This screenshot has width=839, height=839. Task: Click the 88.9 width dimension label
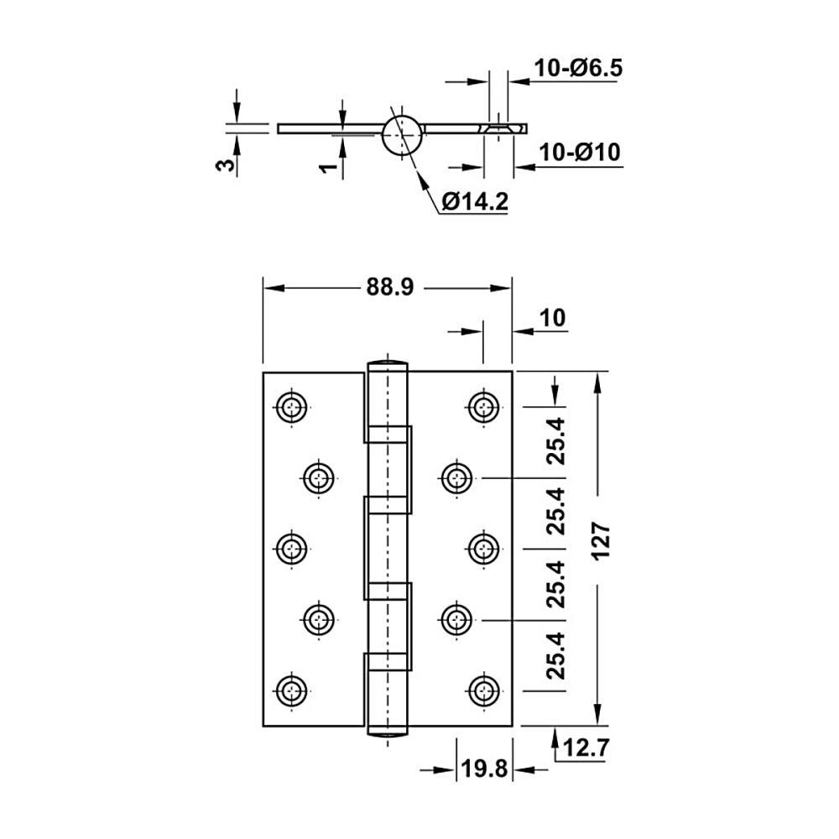pos(390,287)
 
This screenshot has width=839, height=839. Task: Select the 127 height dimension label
pos(602,541)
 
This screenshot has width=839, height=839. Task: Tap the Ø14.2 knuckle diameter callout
pos(475,201)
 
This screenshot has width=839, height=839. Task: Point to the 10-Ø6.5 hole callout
pos(578,68)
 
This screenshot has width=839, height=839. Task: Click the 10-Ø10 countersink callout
pos(580,152)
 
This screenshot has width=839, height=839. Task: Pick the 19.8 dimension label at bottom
pos(484,769)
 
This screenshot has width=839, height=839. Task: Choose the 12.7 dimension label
pos(586,748)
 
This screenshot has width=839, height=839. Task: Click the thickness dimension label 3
pos(226,164)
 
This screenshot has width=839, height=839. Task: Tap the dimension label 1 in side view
pos(329,168)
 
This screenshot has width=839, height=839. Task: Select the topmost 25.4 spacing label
pos(555,441)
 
